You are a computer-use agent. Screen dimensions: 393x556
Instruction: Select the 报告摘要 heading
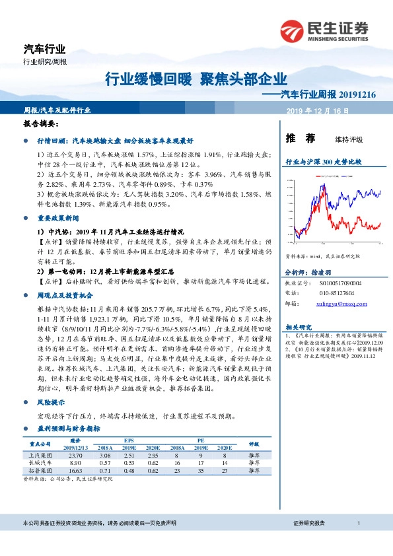click(x=40, y=123)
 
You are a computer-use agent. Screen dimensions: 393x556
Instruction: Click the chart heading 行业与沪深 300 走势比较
click(x=323, y=161)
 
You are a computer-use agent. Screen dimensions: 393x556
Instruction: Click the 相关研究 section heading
click(x=299, y=328)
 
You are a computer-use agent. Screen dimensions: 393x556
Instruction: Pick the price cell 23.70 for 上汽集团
click(x=75, y=456)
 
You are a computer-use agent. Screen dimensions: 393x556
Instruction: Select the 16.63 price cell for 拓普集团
click(x=75, y=473)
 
